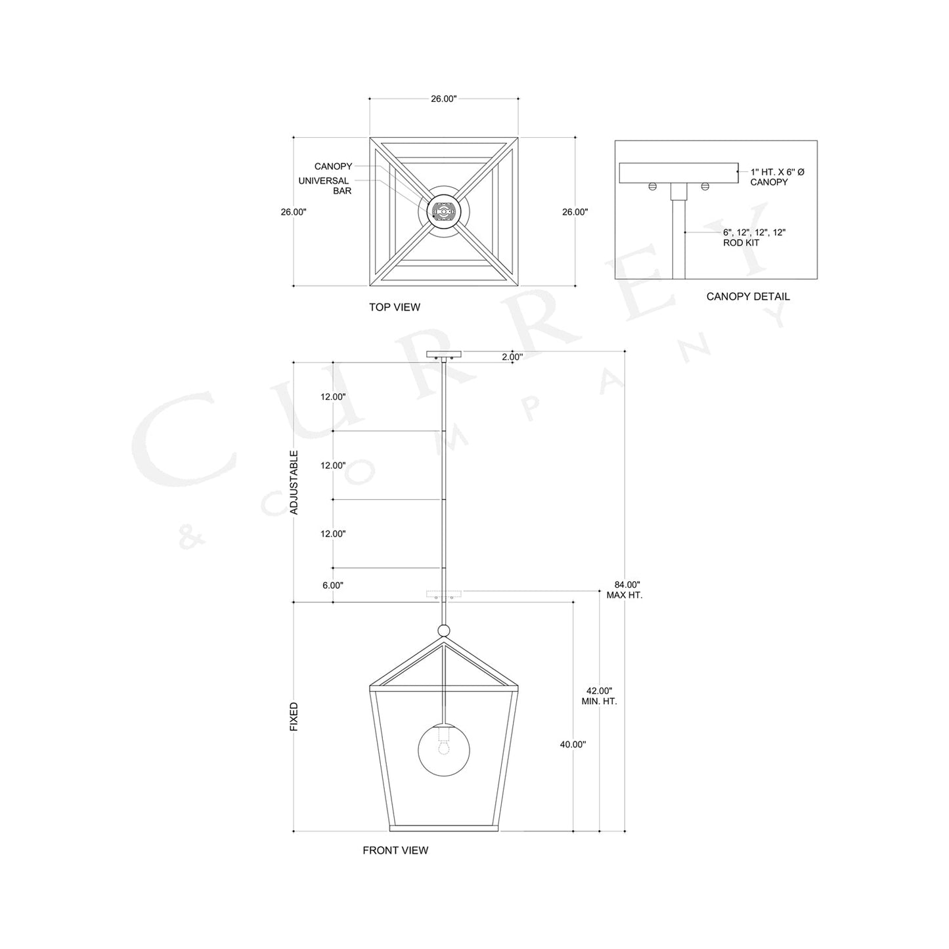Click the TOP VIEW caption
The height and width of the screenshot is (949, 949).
[x=394, y=307]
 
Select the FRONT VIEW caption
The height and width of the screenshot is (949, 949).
[x=395, y=850]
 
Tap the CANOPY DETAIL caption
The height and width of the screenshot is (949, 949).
[x=748, y=296]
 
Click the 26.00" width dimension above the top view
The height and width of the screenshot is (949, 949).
[x=443, y=99]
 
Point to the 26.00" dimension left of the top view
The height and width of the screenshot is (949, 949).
[x=293, y=212]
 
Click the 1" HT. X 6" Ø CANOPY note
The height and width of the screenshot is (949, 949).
[x=778, y=177]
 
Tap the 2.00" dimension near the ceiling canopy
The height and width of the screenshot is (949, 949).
[x=512, y=357]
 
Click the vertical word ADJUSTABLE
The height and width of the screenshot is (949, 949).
[x=294, y=482]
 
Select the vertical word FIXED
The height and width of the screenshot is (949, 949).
[x=294, y=717]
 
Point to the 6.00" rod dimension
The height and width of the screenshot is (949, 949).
[x=332, y=585]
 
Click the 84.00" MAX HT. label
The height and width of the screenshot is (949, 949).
[x=627, y=590]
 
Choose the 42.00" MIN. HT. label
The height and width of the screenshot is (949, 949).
[x=599, y=696]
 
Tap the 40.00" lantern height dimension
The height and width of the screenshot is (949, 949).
[x=573, y=744]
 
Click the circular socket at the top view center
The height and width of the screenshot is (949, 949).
[x=444, y=211]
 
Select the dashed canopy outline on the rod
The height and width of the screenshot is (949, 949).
[x=444, y=595]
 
